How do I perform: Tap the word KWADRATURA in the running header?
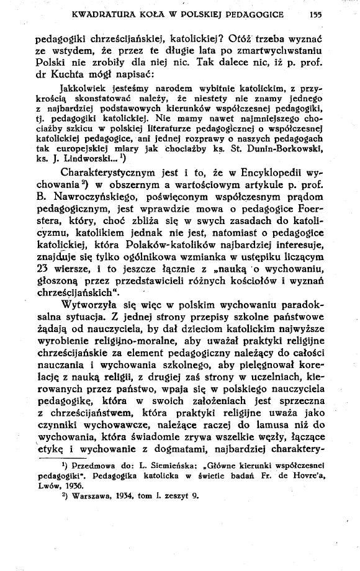click(91, 13)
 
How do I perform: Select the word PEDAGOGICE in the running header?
click(255, 13)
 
